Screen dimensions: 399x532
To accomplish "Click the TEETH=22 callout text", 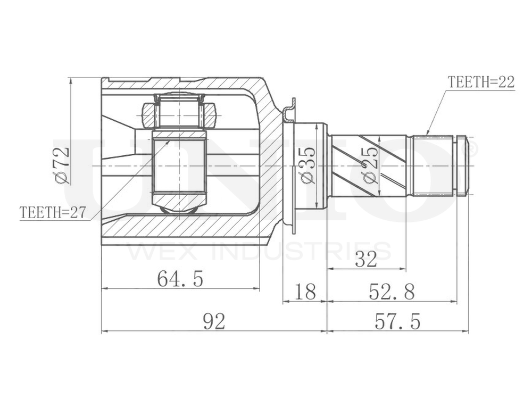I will pyautogui.click(x=481, y=82).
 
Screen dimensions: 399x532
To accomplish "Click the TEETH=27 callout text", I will pyautogui.click(x=53, y=212).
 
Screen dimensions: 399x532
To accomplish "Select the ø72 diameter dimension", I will pyautogui.click(x=62, y=165).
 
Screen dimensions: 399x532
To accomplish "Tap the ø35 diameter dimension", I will pyautogui.click(x=308, y=165).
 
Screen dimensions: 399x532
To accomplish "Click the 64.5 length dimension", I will pyautogui.click(x=180, y=278).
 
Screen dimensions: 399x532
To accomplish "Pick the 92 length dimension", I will pyautogui.click(x=213, y=321).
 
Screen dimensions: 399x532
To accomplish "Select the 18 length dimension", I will pyautogui.click(x=305, y=292).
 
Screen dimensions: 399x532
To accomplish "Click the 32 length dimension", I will pyautogui.click(x=365, y=259).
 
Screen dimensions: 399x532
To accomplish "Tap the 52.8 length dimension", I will pyautogui.click(x=392, y=292).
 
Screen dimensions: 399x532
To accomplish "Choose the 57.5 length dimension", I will pyautogui.click(x=397, y=321).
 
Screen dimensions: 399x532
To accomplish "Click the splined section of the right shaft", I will pyautogui.click(x=433, y=165).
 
